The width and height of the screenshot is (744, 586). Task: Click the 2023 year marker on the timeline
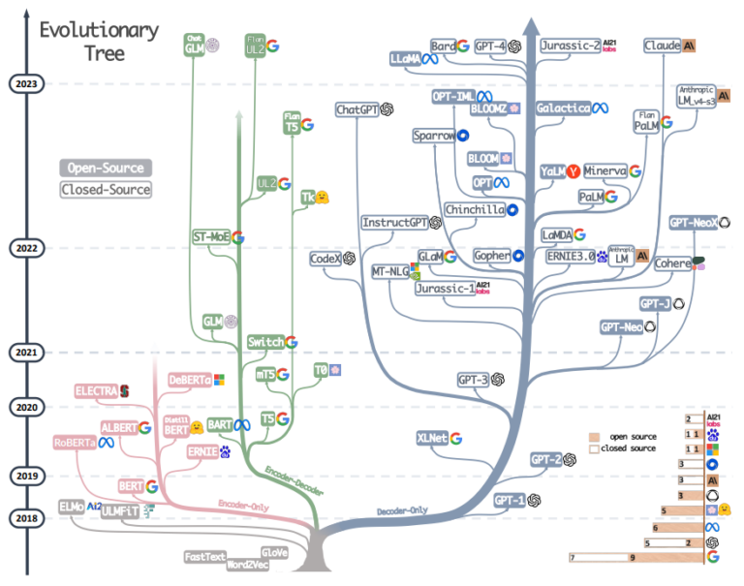[x=26, y=84]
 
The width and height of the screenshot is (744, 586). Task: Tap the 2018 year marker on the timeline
[x=26, y=518]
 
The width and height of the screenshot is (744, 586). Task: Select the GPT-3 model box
[x=472, y=381]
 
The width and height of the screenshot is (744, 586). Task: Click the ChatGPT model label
[x=356, y=110]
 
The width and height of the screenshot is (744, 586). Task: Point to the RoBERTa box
[x=75, y=443]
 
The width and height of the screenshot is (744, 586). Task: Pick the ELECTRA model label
[x=96, y=390]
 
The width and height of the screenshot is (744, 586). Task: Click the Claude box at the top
[x=662, y=46]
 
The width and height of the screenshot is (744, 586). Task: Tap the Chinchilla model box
[x=475, y=209]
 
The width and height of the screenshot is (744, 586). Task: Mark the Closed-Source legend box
[x=106, y=190]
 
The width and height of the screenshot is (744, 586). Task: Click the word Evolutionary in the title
[x=98, y=30]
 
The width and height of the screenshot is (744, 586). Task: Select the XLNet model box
[x=432, y=438]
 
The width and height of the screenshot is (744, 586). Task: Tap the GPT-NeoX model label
[x=693, y=223]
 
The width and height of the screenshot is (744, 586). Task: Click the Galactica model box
[x=563, y=108]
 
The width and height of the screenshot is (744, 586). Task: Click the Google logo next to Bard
[x=463, y=46]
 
